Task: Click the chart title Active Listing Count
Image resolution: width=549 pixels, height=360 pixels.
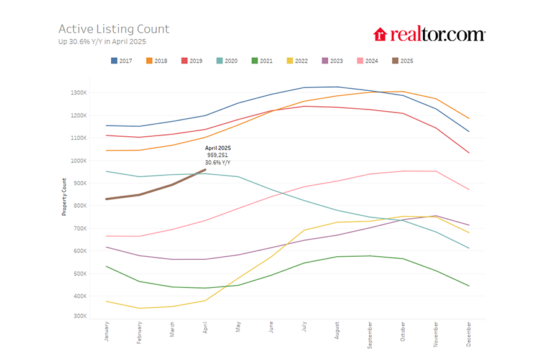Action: point(114,29)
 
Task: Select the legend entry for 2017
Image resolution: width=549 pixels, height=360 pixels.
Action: point(122,61)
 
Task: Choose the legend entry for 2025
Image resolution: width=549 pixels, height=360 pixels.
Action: point(402,61)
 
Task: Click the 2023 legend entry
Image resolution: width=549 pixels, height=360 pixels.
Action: point(332,61)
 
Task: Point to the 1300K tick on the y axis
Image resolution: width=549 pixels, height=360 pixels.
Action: point(78,93)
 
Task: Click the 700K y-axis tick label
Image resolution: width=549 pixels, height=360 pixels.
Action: point(80,228)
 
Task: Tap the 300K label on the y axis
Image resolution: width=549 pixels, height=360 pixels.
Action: point(80,316)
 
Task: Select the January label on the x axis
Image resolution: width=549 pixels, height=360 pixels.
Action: point(107,331)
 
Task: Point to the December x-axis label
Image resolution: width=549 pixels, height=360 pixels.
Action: point(469,332)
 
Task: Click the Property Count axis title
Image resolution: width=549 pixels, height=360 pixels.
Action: point(64,195)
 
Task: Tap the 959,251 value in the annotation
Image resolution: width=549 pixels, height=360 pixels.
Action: point(218,155)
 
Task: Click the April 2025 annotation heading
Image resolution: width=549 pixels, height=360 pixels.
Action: point(218,148)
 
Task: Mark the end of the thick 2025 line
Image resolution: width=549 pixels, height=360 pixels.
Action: point(205,169)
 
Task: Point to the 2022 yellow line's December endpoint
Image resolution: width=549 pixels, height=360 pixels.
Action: point(469,233)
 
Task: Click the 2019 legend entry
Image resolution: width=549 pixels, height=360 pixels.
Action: point(192,61)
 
